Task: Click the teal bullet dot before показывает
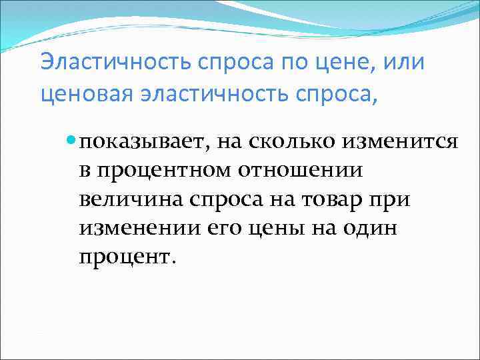[72, 141]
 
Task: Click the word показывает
[138, 142]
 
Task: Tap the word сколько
[283, 142]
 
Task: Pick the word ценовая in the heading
[79, 94]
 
